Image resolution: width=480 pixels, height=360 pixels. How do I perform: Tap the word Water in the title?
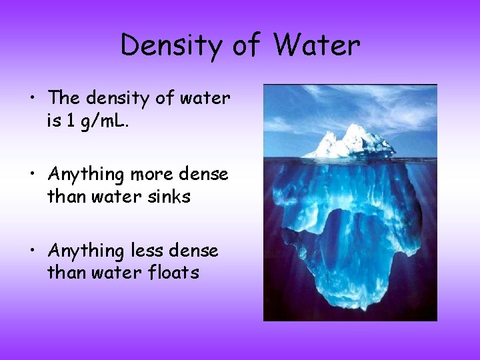pos(317,45)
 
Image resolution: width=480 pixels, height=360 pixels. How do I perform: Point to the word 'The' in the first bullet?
pos(63,98)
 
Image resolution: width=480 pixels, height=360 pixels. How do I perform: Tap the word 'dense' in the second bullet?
pos(204,175)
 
